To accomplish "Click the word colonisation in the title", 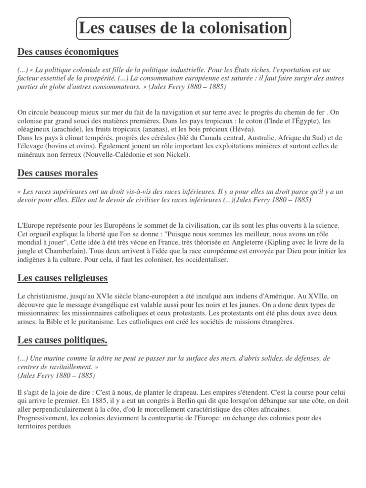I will tap(238, 28).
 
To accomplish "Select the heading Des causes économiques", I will tap(68, 51).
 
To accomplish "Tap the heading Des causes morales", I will tap(58, 173).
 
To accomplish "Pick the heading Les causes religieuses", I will tap(62, 277).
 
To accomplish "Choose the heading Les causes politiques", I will tap(62, 340).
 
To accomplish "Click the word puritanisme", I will tap(103, 322).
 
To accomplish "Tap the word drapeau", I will tap(176, 392).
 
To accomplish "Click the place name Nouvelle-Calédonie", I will tap(103, 155).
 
